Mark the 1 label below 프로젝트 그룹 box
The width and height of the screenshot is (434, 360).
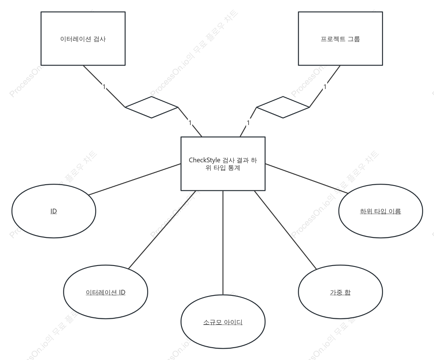pos(325,87)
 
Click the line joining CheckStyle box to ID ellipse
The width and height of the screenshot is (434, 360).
pos(135,180)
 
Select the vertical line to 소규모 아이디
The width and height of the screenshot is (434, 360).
pos(223,243)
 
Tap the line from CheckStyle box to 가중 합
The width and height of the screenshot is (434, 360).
pos(285,230)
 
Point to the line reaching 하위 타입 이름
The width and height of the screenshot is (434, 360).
pos(307,179)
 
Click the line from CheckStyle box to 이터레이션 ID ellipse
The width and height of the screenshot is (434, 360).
pos(162,230)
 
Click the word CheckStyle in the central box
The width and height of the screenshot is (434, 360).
pos(204,160)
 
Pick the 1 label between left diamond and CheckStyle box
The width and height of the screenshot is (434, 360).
pos(190,123)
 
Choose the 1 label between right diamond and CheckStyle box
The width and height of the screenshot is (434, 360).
pos(248,123)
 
